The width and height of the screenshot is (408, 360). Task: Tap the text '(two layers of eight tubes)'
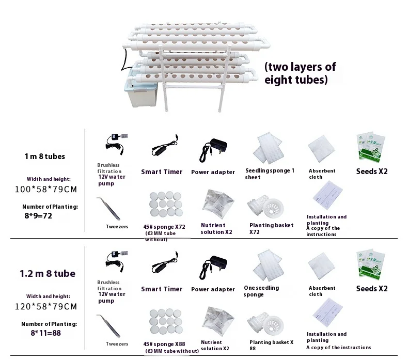pos(300,73)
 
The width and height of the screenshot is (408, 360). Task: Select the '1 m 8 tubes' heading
pos(45,156)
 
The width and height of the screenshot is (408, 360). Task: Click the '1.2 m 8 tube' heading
pos(48,273)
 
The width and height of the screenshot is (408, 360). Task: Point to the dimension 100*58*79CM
pos(46,189)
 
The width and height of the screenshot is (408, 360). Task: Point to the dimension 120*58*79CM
pos(46,306)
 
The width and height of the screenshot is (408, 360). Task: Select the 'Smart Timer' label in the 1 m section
pos(162,172)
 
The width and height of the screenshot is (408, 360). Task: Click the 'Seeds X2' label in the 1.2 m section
pos(372,289)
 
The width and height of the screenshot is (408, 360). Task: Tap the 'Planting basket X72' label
pos(271,229)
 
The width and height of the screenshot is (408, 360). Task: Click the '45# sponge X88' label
pos(164,344)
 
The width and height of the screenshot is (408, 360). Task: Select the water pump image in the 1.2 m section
pos(117,261)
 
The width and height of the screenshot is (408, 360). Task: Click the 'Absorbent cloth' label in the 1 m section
pos(322,174)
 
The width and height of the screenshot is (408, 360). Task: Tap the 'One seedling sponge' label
pos(261,291)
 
